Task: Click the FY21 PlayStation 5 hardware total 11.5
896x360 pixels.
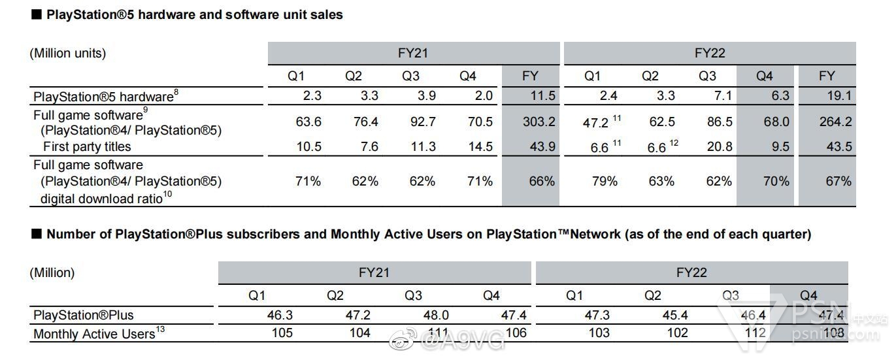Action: pos(542,96)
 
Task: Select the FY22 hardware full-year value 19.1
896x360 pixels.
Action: pos(838,96)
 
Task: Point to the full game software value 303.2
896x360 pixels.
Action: pos(539,122)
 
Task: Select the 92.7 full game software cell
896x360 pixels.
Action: pos(423,122)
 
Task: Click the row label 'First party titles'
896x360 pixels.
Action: pos(87,146)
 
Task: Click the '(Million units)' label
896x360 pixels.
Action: pos(68,54)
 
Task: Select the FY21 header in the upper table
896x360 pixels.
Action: pos(413,54)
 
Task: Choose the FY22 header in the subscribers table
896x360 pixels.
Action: pos(692,272)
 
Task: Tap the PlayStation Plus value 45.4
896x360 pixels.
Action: pos(674,316)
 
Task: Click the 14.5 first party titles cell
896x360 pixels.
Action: pos(480,146)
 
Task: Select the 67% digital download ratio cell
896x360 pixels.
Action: pos(838,181)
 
